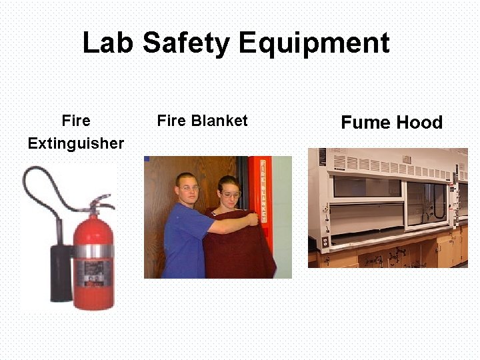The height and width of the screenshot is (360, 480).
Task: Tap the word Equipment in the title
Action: click(313, 43)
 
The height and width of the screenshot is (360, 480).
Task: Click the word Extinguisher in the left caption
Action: click(75, 143)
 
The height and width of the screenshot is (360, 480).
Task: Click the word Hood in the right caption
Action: click(419, 123)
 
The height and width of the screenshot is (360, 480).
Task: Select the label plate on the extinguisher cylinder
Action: click(92, 270)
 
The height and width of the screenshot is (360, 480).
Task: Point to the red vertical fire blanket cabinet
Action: click(261, 190)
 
